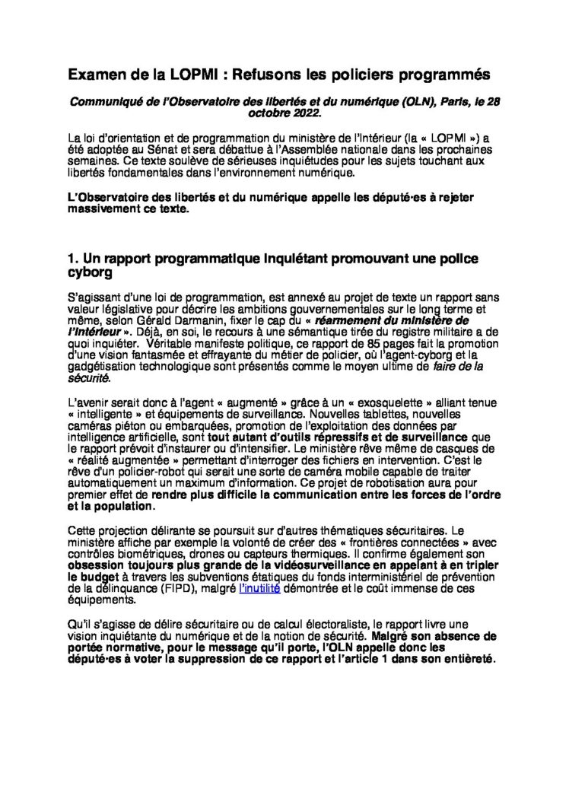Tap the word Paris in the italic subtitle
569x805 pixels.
[x=395, y=101]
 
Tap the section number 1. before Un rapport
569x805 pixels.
[x=72, y=259]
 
